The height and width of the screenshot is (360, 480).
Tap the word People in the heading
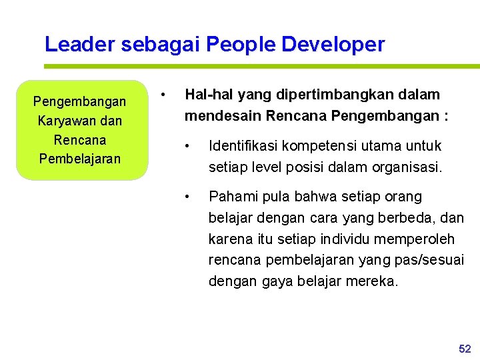pos(241,45)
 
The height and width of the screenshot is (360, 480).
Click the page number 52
pos(465,349)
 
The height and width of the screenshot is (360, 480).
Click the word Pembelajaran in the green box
pos(80,159)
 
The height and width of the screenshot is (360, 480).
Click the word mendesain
pos(223,116)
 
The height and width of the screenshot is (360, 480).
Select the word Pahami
pos(231,197)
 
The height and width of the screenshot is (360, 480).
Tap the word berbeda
pos(413,217)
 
